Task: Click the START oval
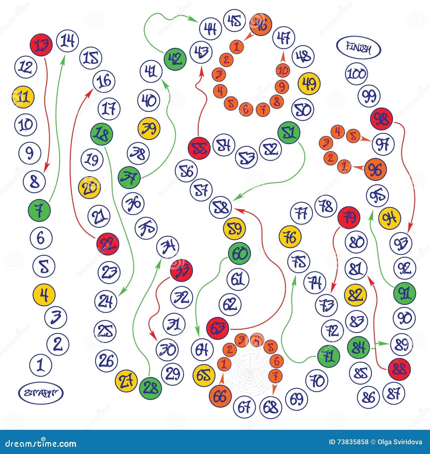[41, 393]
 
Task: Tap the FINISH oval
[359, 49]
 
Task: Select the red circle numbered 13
[41, 45]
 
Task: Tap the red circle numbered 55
[199, 148]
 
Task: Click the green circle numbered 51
[289, 133]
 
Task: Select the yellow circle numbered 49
[309, 84]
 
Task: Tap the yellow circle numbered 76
[290, 237]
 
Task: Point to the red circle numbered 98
[381, 119]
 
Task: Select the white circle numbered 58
[220, 207]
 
